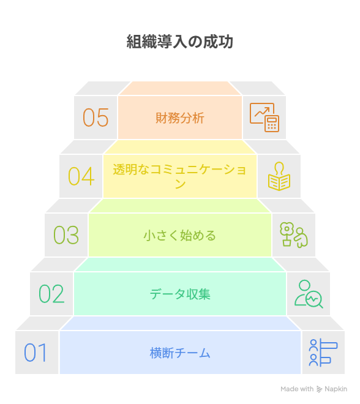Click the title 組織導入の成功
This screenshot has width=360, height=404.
[180, 42]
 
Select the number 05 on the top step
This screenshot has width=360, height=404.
[96, 118]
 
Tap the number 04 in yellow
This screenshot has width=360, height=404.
[81, 176]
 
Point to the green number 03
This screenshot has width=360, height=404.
[66, 235]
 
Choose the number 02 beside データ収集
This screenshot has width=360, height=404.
[51, 294]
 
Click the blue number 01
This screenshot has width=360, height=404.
[36, 353]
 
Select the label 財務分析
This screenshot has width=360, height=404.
[180, 118]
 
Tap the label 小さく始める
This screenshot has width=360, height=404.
[180, 236]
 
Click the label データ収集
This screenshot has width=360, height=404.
[180, 294]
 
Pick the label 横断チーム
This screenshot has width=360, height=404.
[180, 353]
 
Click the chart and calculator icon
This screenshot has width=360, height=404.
[264, 118]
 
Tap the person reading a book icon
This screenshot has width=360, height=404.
[279, 176]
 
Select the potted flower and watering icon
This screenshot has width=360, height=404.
[294, 235]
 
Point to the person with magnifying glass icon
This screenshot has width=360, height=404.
[309, 294]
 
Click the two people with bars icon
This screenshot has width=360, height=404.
[323, 353]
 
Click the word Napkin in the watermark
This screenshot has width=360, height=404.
[336, 389]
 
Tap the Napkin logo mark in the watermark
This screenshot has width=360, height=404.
[319, 389]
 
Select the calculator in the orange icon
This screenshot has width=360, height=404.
[272, 124]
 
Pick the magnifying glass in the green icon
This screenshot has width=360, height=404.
[315, 300]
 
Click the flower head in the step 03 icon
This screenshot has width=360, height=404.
[287, 228]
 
